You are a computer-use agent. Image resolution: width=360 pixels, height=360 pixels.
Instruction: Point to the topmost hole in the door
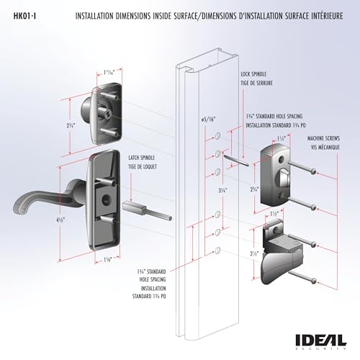pyautogui.click(x=217, y=142)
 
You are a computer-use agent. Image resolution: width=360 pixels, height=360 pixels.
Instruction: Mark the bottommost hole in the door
pyautogui.click(x=217, y=250)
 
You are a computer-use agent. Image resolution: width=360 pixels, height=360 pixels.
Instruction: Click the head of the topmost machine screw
pyautogui.click(x=315, y=170)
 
